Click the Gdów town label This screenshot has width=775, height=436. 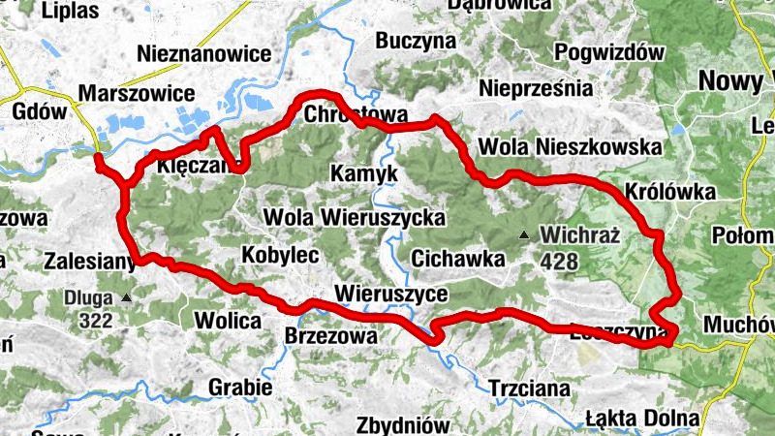coord(39,111)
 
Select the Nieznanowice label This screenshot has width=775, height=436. coord(203,53)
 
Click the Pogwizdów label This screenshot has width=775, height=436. coord(609,51)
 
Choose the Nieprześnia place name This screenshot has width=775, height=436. coord(536,88)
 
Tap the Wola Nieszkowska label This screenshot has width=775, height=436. coord(569,147)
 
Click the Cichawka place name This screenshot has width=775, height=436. coord(457,259)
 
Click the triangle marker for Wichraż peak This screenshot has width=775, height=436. coord(524,234)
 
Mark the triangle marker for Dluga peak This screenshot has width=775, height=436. coord(126,297)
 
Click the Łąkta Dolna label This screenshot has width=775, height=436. coord(642,418)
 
